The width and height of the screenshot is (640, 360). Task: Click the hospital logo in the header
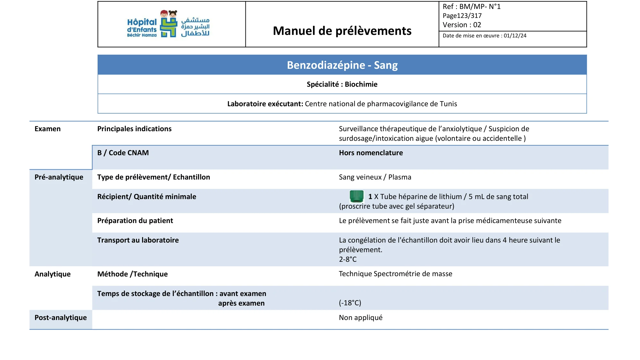[x=168, y=24]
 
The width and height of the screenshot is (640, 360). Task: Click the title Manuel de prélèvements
[x=342, y=31]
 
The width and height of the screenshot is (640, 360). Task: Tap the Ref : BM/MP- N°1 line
[x=471, y=7]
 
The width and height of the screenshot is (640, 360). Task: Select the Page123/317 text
[x=462, y=16]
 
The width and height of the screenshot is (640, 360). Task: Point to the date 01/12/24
[x=515, y=36]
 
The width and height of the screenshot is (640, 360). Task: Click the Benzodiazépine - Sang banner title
[x=342, y=65]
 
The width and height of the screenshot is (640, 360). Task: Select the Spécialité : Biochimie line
[x=342, y=84]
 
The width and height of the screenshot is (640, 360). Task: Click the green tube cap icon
[x=356, y=196]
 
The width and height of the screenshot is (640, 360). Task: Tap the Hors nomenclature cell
[x=371, y=153]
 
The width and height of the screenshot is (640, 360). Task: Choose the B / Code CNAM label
[x=123, y=153]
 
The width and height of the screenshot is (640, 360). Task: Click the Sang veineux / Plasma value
[x=375, y=177]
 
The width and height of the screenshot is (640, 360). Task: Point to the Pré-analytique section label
[x=59, y=177]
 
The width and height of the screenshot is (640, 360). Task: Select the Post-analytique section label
[x=60, y=318]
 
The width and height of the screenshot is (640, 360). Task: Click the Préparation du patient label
[x=135, y=221]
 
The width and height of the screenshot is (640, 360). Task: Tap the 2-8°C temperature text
[x=348, y=260]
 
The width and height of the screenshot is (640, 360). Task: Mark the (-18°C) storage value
[x=350, y=303]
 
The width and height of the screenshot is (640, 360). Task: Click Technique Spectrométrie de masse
[x=396, y=274]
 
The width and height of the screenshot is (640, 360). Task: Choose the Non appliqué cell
[x=361, y=318]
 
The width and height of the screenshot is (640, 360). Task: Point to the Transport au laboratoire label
[x=138, y=240]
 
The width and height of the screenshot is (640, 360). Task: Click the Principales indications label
[x=134, y=129]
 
